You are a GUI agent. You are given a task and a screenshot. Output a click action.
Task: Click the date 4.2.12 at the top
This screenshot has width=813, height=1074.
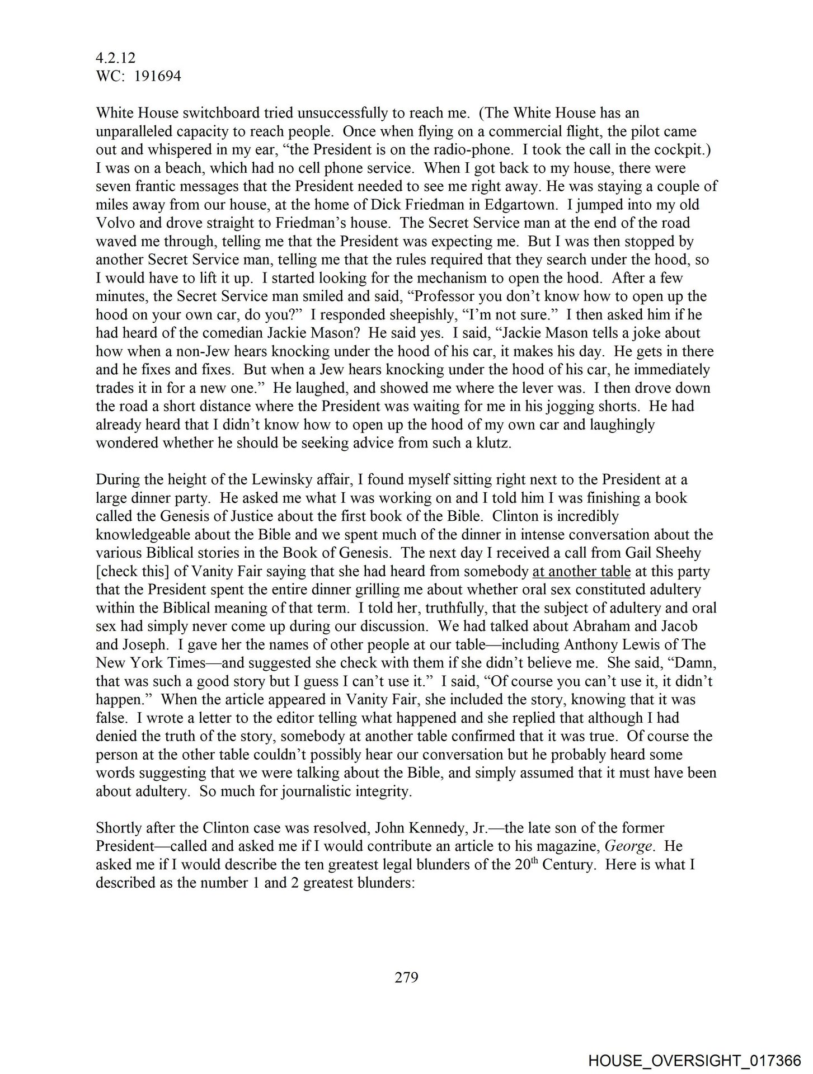pyautogui.click(x=116, y=58)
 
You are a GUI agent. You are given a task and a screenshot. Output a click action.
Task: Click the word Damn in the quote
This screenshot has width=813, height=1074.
pyautogui.click(x=697, y=663)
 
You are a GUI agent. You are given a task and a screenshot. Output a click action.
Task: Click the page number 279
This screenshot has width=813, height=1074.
pyautogui.click(x=407, y=978)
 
